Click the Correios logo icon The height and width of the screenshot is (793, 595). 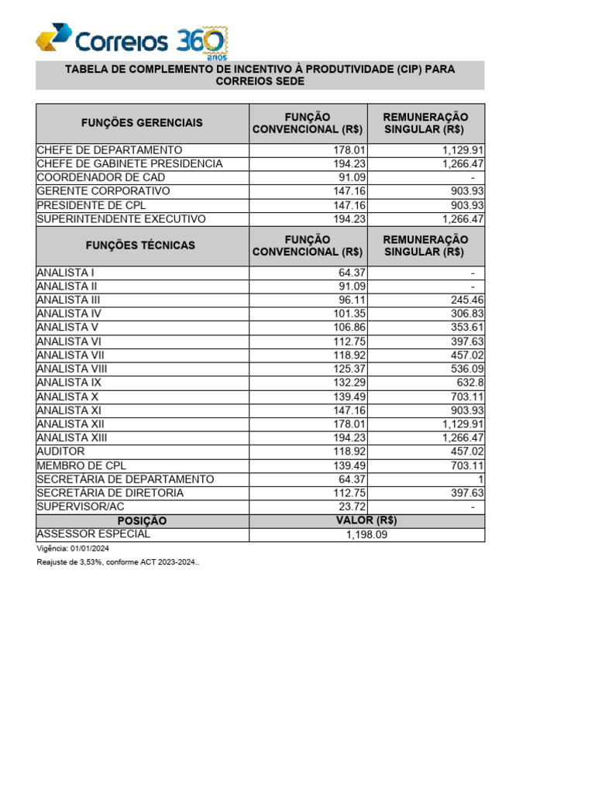(55, 37)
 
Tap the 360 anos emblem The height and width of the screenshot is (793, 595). (203, 43)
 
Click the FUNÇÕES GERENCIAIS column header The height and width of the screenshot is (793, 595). (142, 122)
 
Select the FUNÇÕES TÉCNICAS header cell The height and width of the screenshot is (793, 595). (142, 245)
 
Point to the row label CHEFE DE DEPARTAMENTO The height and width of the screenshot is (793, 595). (109, 149)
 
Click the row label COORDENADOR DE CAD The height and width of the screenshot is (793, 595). (101, 177)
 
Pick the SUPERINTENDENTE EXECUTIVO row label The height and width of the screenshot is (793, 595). (121, 219)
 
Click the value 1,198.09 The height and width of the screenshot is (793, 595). (367, 534)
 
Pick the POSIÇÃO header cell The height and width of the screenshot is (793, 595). (142, 520)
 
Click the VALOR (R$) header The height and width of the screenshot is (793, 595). (367, 520)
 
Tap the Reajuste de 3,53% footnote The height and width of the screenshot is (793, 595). (117, 562)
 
